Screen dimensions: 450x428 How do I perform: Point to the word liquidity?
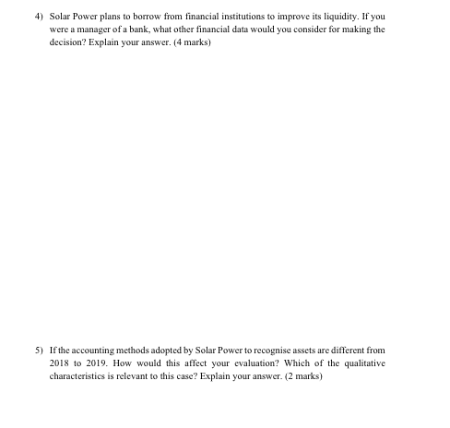point(336,16)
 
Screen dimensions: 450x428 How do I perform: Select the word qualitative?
point(364,363)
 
